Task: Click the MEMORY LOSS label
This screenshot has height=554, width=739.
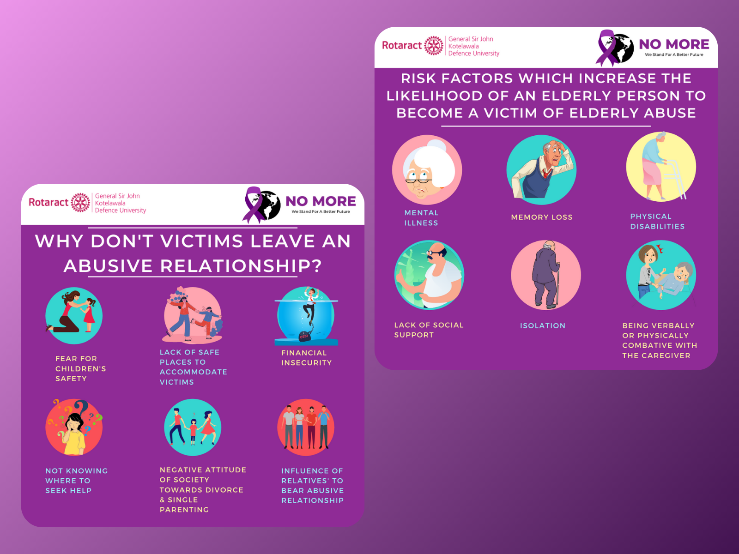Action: point(541,217)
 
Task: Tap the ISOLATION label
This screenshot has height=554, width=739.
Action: point(542,325)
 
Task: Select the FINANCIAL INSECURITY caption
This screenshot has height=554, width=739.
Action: point(306,358)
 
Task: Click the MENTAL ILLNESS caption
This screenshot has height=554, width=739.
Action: point(421,218)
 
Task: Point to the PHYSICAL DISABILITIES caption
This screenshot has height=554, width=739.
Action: point(657,221)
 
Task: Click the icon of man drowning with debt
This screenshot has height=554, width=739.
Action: point(307,316)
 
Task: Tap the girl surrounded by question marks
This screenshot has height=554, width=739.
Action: point(74,427)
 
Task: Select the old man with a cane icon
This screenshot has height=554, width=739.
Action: point(545,275)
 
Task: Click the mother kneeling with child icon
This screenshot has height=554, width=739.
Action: point(74,316)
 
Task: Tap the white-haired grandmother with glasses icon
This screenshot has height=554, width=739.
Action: point(427,170)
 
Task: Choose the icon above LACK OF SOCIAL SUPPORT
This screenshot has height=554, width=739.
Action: point(429,275)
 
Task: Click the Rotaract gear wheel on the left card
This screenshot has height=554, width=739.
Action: point(80,202)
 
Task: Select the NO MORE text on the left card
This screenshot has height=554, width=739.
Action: point(321,201)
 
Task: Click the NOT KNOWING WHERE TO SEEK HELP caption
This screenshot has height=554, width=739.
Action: point(76,481)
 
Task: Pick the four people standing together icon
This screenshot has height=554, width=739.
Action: point(306,427)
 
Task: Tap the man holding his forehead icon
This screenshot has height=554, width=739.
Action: point(541,170)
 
